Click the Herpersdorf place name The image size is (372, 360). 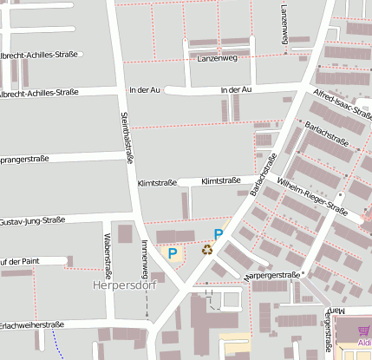123,284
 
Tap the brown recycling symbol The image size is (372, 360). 207,250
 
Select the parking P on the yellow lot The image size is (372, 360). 173,253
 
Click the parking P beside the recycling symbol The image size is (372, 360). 219,234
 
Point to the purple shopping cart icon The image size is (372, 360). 363,329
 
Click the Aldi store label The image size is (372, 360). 364,342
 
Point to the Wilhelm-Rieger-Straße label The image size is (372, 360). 311,197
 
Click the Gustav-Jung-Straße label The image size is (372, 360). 32,221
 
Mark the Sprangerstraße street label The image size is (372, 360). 24,160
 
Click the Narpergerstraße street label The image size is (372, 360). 271,275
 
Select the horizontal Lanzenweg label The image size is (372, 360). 217,58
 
